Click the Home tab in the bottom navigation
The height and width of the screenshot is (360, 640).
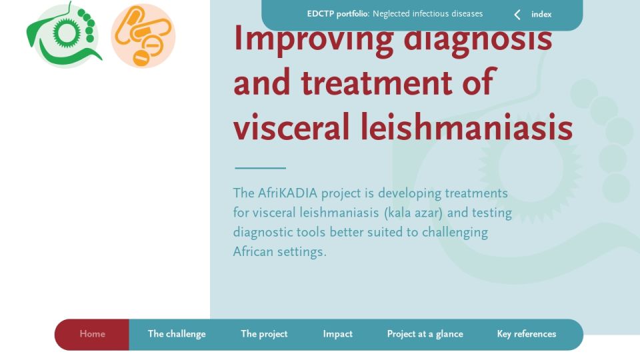[92, 334]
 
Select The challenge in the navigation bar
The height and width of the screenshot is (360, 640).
[177, 334]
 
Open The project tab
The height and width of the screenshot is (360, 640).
[264, 334]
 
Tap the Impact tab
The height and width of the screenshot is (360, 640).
[337, 334]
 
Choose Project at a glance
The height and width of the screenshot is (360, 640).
[425, 334]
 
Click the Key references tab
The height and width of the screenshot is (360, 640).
[527, 334]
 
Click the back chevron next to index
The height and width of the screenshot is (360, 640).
[517, 15]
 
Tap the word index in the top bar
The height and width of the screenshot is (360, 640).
[541, 14]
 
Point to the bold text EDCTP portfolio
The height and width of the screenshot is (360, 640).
[338, 14]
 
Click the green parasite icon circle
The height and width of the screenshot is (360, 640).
[64, 35]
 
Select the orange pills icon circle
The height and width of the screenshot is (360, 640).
[143, 36]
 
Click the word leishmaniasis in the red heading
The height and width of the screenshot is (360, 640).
[467, 127]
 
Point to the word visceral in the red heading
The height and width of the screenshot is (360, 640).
[291, 127]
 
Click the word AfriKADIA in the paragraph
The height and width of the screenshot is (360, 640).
[287, 193]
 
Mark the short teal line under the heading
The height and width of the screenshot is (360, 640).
[261, 168]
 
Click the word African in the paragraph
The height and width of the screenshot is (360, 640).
[253, 251]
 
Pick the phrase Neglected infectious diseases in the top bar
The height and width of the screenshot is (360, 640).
[428, 14]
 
